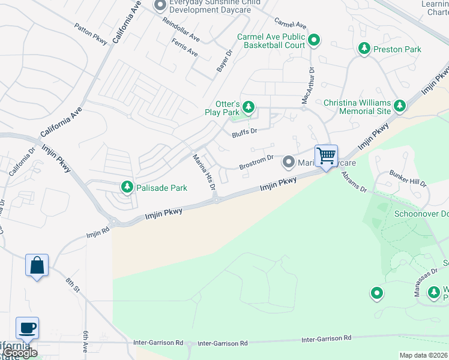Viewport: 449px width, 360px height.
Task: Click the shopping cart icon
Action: click(326, 156)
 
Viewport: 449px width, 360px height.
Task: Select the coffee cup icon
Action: click(27, 328)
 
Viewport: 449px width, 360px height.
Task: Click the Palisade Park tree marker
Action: click(127, 188)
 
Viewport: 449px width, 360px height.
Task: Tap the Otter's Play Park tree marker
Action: click(249, 108)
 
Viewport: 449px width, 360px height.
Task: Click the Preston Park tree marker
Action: click(364, 49)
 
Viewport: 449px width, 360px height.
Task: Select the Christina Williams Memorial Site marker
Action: click(400, 107)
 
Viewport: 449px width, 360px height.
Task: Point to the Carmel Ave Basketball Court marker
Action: click(313, 41)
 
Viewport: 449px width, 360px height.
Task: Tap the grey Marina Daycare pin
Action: click(289, 162)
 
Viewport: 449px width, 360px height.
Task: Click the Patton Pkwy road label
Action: click(91, 35)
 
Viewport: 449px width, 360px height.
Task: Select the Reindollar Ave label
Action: click(181, 29)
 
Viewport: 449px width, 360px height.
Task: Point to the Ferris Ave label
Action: click(184, 48)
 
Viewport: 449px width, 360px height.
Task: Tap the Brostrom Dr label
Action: click(256, 162)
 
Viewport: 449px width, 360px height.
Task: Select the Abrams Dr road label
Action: click(354, 182)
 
